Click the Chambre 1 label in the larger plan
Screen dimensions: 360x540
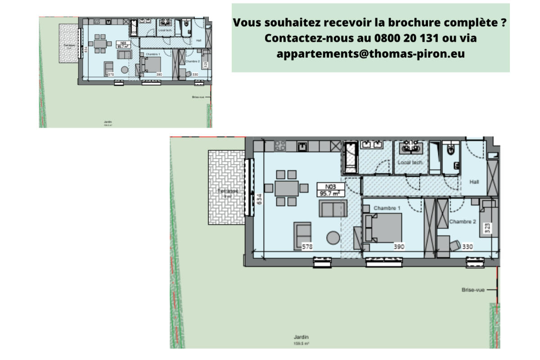click(387, 208)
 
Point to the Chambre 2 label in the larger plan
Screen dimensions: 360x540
click(462, 221)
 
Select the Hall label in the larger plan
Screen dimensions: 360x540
click(474, 182)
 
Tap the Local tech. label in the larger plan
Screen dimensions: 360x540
click(410, 162)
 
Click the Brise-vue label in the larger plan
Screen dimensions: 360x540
click(473, 290)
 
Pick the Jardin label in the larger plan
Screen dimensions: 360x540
click(302, 337)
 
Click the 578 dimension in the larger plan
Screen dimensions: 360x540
click(307, 247)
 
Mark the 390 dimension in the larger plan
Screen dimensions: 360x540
click(399, 247)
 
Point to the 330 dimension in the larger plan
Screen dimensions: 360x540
click(468, 247)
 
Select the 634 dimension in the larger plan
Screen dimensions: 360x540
click(259, 199)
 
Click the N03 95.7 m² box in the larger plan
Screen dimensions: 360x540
click(330, 189)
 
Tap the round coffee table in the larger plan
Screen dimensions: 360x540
click(333, 237)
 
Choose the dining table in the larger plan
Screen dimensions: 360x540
click(287, 188)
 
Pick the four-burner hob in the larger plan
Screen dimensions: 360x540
click(280, 145)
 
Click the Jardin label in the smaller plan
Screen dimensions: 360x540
click(107, 121)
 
